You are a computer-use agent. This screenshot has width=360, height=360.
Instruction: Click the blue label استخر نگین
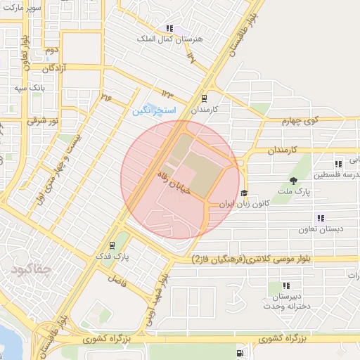[x=150, y=110]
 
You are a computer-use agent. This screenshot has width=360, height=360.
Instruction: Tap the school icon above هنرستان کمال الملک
[x=169, y=29]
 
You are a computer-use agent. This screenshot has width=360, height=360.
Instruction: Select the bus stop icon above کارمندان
[x=204, y=99]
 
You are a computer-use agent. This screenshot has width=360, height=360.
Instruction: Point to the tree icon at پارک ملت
[x=293, y=181]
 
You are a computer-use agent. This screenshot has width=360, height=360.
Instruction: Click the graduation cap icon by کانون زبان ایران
[x=244, y=193]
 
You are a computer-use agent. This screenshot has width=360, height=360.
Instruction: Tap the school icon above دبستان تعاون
[x=321, y=219]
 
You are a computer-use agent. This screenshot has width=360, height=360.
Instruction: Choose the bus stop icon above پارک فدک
[x=112, y=245]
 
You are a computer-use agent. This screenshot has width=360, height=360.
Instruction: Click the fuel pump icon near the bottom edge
[x=241, y=352]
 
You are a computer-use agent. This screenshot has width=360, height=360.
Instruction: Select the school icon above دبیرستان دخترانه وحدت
[x=286, y=285]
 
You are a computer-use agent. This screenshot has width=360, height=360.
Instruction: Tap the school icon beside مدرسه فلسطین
[x=339, y=163]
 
